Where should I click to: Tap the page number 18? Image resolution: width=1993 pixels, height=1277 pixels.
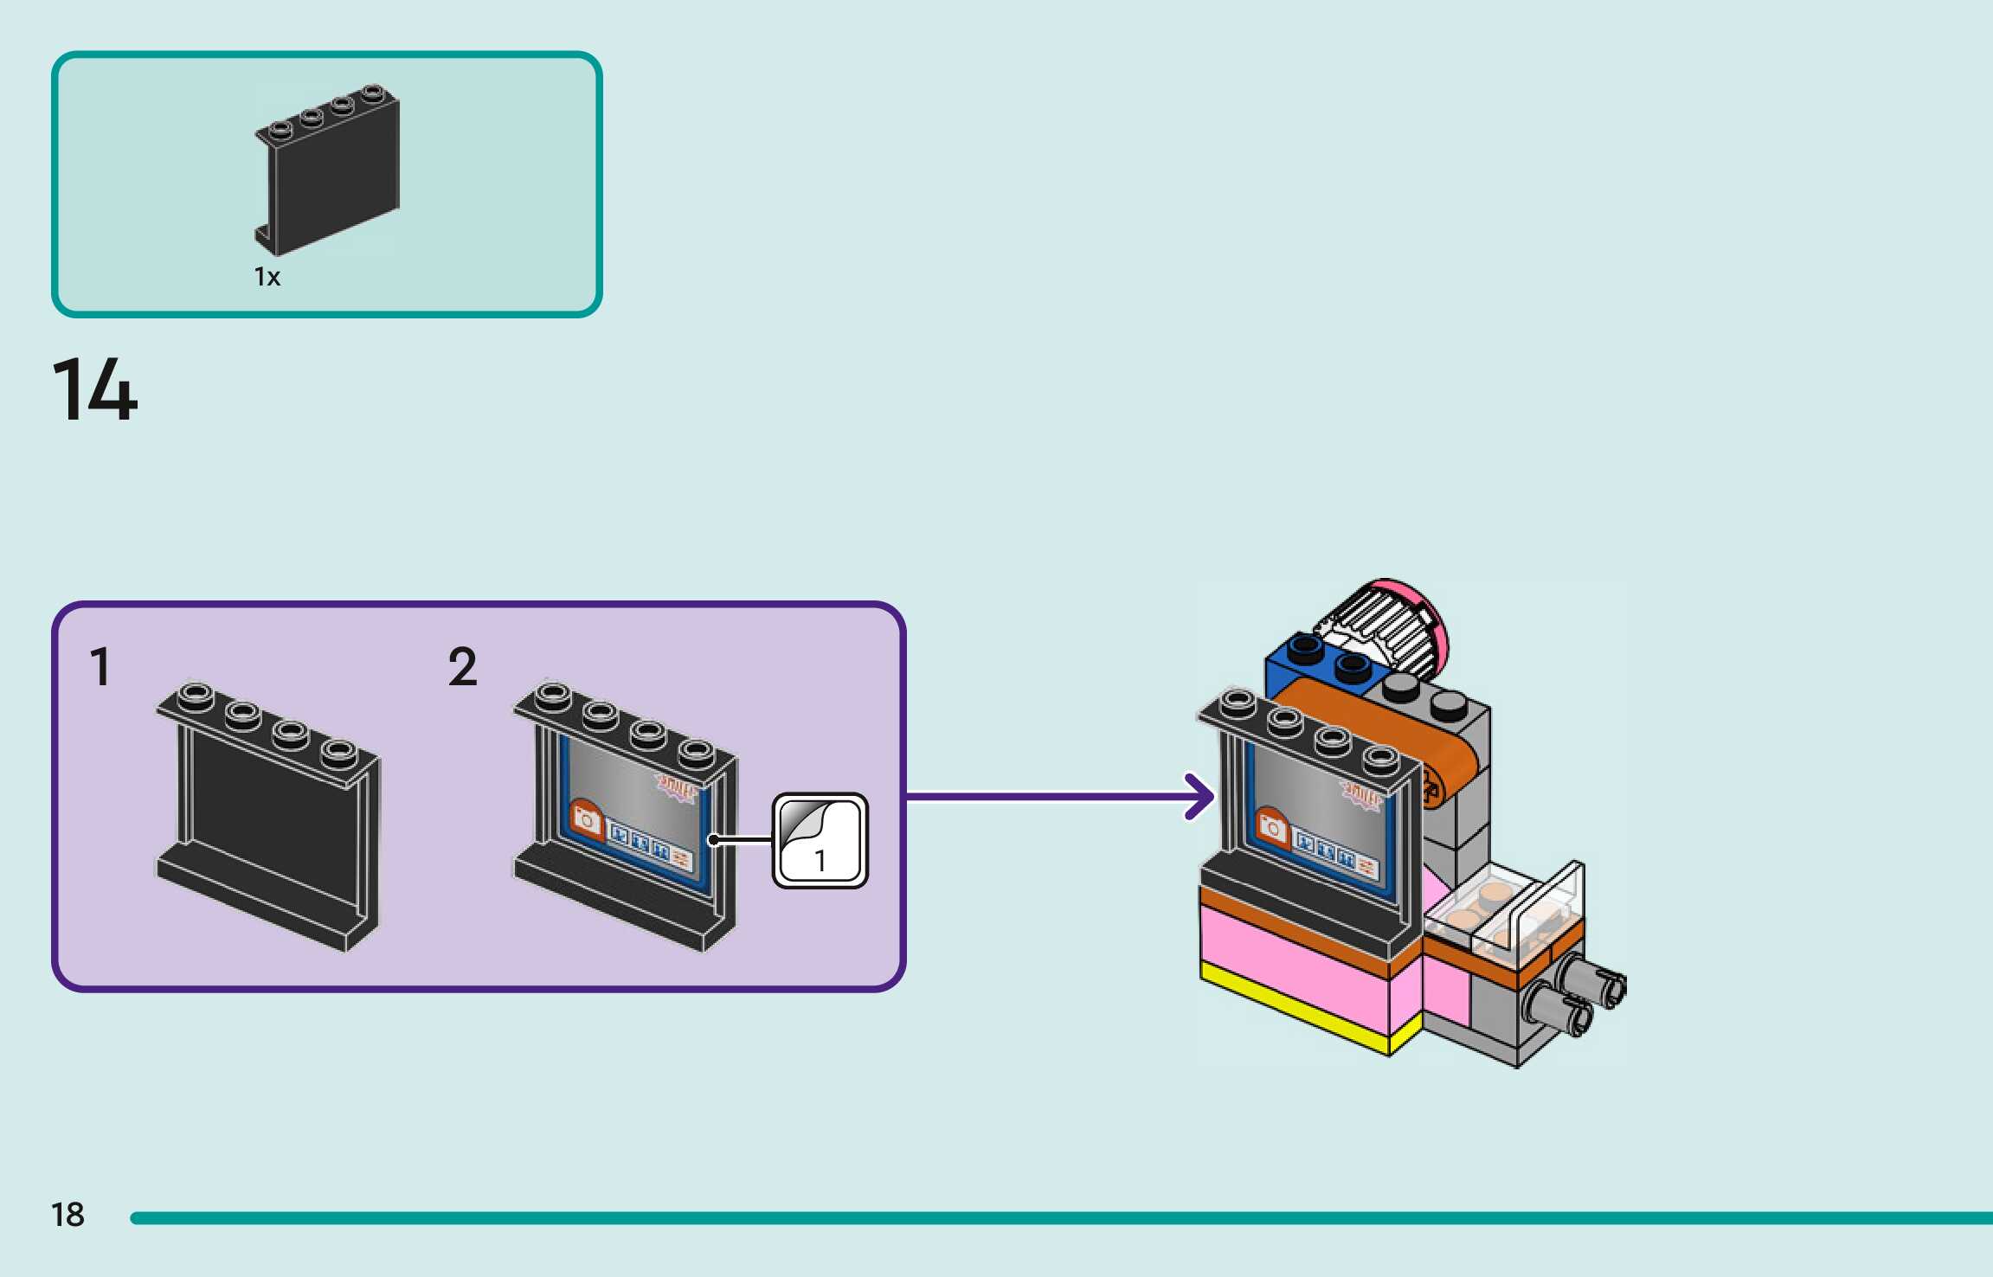coord(68,1215)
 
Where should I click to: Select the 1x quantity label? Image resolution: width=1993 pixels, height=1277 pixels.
coord(267,277)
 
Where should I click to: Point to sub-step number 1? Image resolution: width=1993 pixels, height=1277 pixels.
coord(100,667)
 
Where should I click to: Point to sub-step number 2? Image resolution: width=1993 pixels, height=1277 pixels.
coord(463,667)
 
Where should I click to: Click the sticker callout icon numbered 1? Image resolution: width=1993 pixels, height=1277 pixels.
coord(820,840)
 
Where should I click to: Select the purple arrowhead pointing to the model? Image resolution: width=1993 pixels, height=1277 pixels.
coord(1201,796)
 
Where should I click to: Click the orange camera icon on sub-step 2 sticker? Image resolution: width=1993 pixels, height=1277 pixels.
coord(587,819)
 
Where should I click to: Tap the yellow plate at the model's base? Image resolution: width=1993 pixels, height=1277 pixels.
coord(1298,1004)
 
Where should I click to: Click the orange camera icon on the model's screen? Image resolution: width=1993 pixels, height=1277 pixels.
coord(1272,828)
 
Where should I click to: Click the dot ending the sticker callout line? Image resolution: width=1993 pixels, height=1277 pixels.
coord(712,840)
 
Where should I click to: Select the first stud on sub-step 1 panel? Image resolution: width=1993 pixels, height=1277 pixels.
coord(196,693)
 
